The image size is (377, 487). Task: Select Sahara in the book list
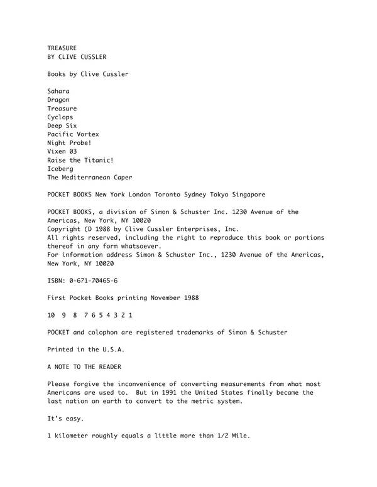(x=58, y=91)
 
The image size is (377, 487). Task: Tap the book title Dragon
(x=58, y=100)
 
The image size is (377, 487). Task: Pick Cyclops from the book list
(x=60, y=117)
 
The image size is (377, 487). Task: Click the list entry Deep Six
(x=62, y=126)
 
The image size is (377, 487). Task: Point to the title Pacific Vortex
(x=73, y=134)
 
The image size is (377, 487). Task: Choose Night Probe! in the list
(x=69, y=143)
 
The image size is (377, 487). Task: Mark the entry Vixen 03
(x=62, y=152)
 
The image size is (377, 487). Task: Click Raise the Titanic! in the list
(x=80, y=160)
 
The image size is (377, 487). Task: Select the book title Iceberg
(x=60, y=169)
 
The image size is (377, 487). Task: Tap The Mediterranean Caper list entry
(x=90, y=178)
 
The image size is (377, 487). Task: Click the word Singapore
(x=246, y=195)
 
